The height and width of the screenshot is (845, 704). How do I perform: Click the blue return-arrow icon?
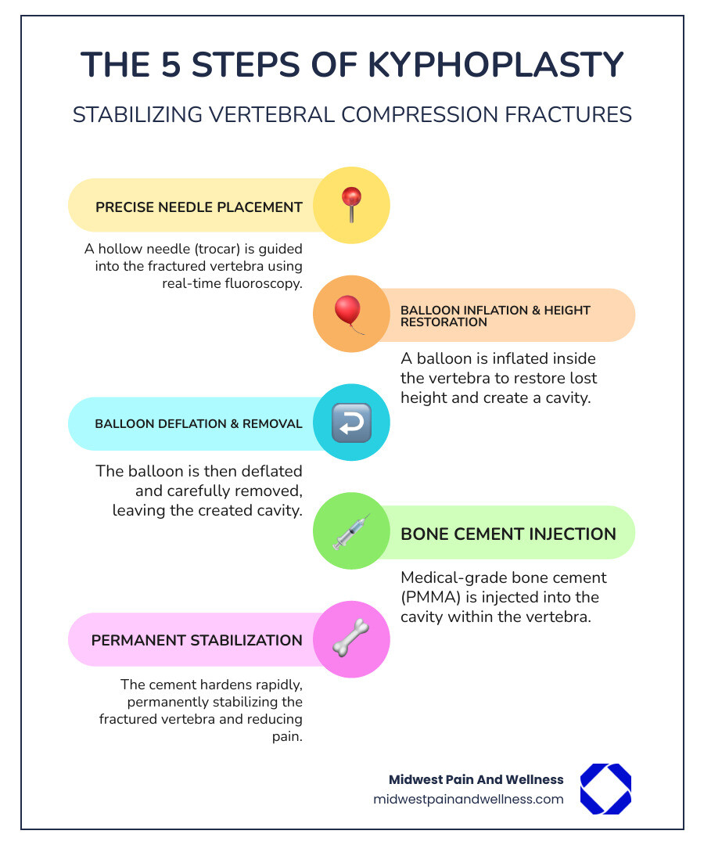[351, 423]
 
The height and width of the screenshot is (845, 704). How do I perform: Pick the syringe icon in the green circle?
[351, 532]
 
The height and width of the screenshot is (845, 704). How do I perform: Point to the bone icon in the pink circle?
[351, 639]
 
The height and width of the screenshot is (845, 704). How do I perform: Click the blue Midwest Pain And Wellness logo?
[605, 789]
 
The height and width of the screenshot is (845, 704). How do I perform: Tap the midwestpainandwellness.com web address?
[469, 799]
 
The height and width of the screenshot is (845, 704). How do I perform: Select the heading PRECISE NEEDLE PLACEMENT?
[199, 207]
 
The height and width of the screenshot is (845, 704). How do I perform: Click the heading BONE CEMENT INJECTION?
[508, 534]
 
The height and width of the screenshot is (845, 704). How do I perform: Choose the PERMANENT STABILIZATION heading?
[197, 640]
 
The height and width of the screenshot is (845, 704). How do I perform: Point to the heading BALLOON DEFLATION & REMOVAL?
[199, 424]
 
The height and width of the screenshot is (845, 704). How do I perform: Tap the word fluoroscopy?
[263, 283]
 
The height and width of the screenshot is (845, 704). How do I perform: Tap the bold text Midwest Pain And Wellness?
[476, 779]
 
